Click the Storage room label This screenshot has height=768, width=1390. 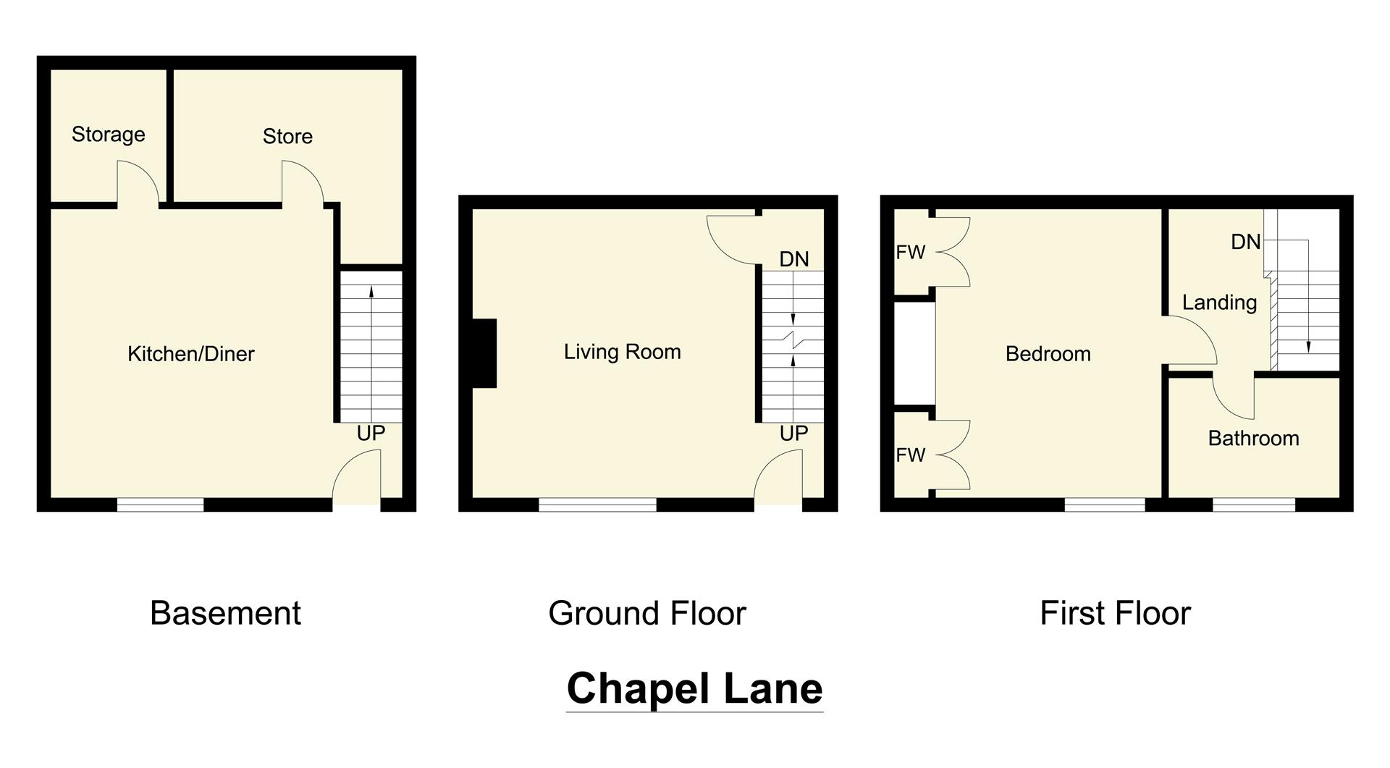(x=108, y=135)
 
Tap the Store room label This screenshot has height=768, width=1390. (x=287, y=136)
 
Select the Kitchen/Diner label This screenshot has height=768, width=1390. (x=191, y=354)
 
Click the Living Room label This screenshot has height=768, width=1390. (x=622, y=352)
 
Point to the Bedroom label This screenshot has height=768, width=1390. (x=1048, y=354)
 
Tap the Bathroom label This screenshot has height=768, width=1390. (x=1253, y=439)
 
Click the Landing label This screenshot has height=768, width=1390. (x=1219, y=303)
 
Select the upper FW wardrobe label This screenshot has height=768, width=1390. (x=910, y=253)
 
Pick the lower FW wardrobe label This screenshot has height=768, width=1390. (x=910, y=455)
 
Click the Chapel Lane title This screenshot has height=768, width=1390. (x=694, y=688)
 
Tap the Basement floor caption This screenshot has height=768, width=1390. (x=225, y=613)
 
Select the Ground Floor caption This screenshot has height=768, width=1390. (x=646, y=613)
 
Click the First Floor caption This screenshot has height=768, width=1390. (x=1115, y=613)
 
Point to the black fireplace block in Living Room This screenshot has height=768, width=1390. (x=484, y=353)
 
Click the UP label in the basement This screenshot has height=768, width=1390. (x=371, y=434)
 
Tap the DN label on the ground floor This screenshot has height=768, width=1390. (x=793, y=259)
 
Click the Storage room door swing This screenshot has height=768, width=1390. (x=138, y=184)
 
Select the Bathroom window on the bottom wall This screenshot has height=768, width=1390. (x=1253, y=505)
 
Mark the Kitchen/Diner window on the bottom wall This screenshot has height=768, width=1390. (x=160, y=505)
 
